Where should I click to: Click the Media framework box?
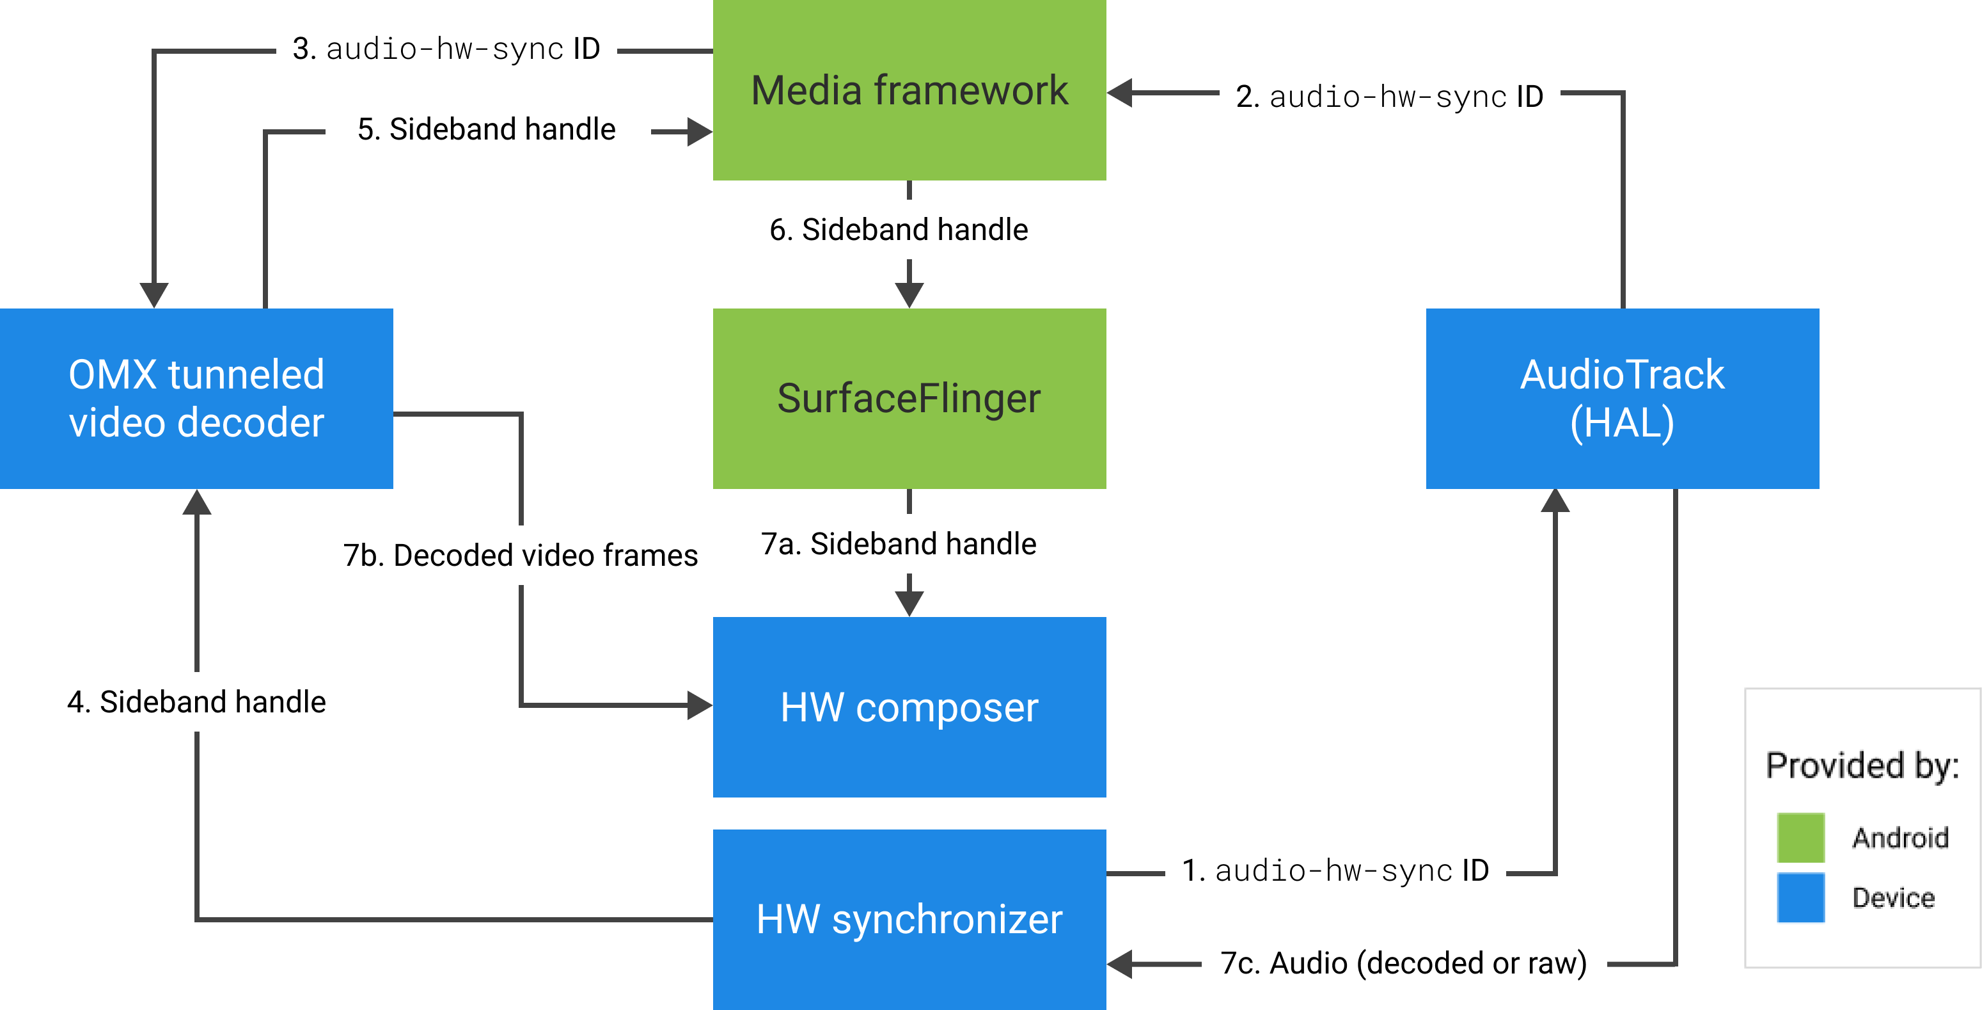tap(909, 90)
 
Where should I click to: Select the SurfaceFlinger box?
tap(909, 398)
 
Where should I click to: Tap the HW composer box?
tap(909, 707)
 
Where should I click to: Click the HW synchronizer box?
tap(909, 919)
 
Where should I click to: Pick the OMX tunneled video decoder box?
tap(196, 398)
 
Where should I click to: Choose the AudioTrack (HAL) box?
tap(1622, 398)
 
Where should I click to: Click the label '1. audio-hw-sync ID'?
tap(1335, 870)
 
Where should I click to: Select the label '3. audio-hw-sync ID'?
tap(446, 49)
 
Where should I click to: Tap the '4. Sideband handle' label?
tap(198, 701)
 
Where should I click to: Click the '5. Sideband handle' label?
tap(488, 129)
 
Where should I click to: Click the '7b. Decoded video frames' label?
tap(520, 555)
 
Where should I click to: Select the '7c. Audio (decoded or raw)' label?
tap(1403, 962)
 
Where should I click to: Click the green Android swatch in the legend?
tap(1800, 838)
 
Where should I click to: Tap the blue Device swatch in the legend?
tap(1800, 897)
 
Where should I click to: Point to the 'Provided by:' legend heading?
tap(1862, 766)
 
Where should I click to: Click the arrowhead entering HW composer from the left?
tap(700, 705)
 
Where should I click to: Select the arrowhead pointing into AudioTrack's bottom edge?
tap(1555, 501)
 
